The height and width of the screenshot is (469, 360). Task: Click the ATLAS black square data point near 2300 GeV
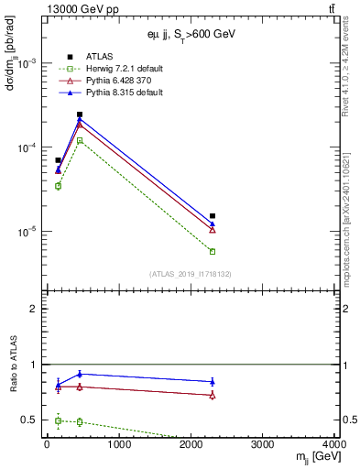[213, 216]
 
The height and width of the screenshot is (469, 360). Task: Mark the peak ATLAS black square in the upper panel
[80, 115]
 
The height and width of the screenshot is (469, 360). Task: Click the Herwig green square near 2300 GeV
[213, 251]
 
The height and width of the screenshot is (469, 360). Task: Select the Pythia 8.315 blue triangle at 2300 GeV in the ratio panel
[213, 381]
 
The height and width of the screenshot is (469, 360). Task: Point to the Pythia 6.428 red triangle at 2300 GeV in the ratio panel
[213, 395]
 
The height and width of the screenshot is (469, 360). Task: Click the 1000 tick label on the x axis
[119, 445]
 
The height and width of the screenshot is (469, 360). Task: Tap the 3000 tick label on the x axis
[264, 445]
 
